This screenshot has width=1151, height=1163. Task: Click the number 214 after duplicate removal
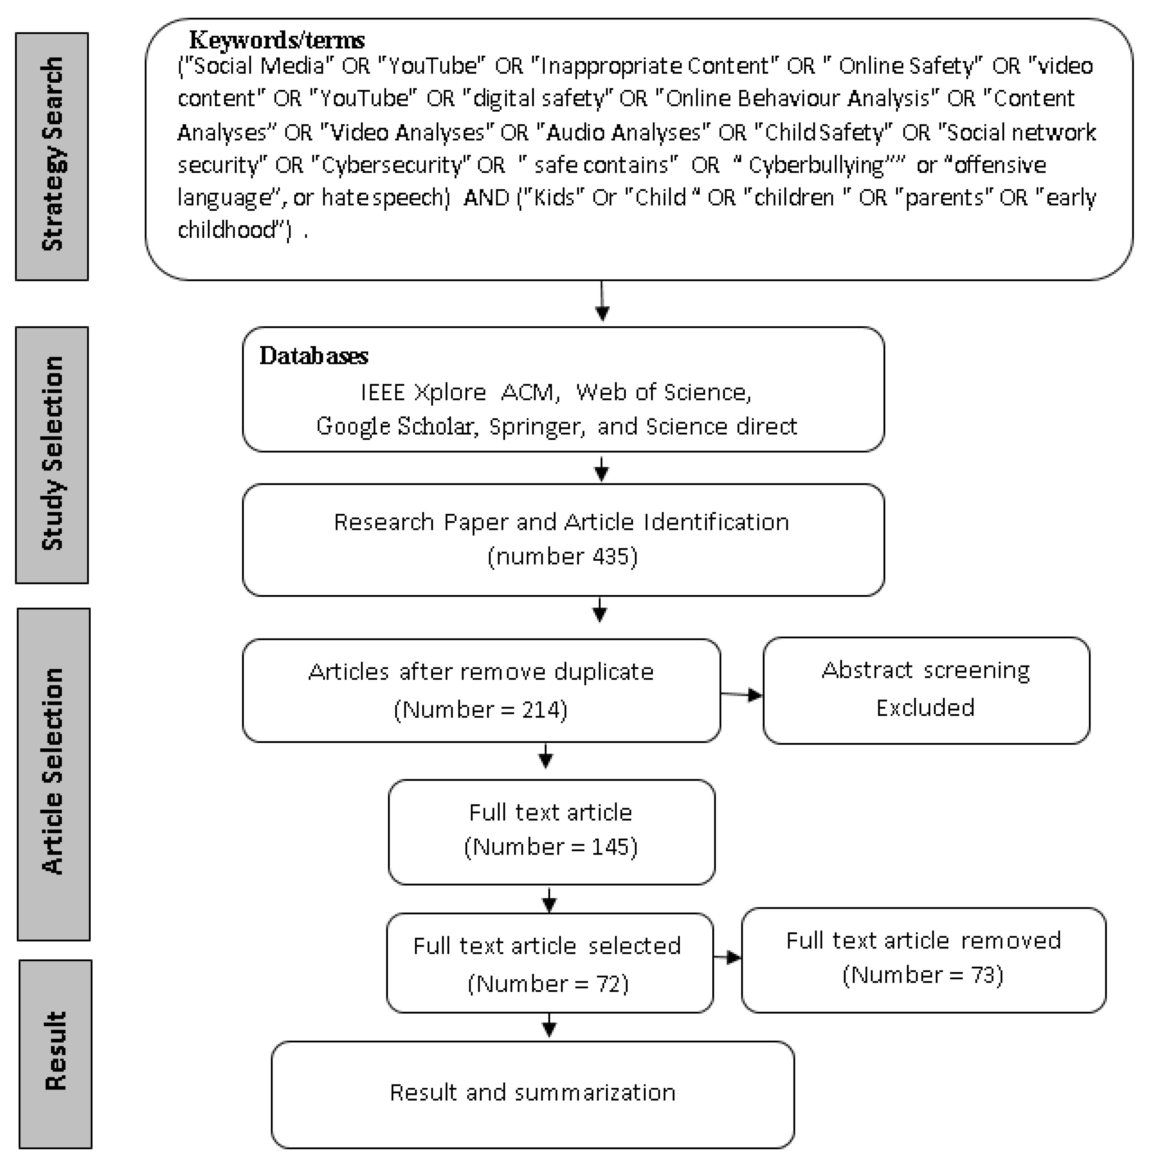click(540, 710)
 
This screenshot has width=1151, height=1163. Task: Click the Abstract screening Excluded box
click(925, 690)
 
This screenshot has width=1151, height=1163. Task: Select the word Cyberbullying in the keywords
click(816, 165)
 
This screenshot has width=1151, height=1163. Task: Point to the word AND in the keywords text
click(486, 197)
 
